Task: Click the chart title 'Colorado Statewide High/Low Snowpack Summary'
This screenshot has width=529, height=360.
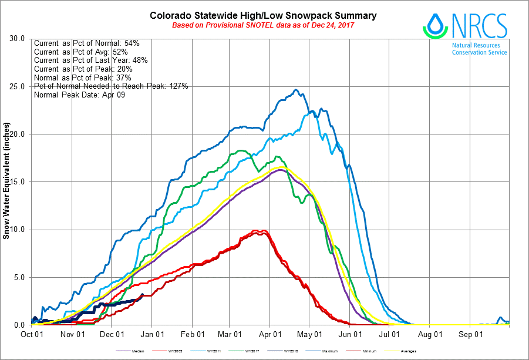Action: click(263, 15)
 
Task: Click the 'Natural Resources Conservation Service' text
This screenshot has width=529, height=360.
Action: click(479, 48)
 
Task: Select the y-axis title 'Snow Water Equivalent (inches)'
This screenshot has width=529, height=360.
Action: click(6, 181)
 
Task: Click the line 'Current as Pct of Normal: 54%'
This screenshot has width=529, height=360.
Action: click(86, 43)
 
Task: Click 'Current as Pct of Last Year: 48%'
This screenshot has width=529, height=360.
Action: click(90, 60)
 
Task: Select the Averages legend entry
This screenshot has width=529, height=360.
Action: click(405, 352)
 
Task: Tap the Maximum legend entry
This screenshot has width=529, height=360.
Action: click(326, 352)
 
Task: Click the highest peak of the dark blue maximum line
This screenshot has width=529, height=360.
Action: click(296, 90)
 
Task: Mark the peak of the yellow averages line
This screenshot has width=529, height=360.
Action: click(282, 167)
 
